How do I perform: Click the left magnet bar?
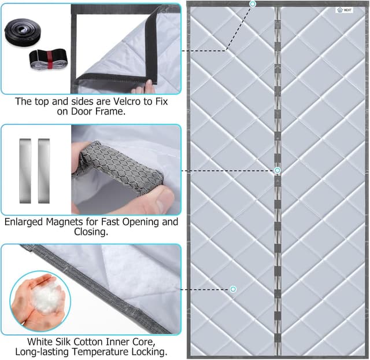[x=25, y=171]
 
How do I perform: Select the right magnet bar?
[x=44, y=171]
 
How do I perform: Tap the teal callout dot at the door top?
[x=253, y=4]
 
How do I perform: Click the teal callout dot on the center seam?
[x=277, y=170]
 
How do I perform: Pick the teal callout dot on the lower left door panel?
[x=233, y=289]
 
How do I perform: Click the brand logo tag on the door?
[x=345, y=10]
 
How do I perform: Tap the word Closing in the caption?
[x=91, y=232]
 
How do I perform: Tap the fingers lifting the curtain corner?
[x=143, y=87]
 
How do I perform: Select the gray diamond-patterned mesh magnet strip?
[x=120, y=166]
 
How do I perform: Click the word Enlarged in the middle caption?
[x=24, y=222]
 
